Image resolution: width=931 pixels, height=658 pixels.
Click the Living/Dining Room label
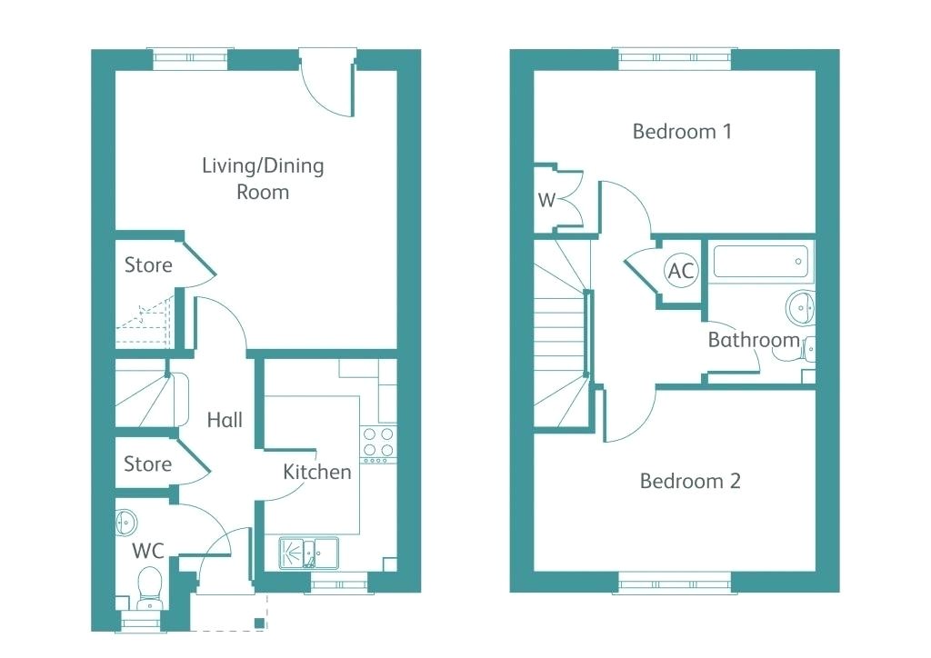click(263, 179)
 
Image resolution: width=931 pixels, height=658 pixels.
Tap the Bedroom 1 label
click(682, 132)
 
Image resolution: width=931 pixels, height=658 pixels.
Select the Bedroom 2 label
click(690, 481)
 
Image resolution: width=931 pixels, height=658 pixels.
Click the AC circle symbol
click(681, 270)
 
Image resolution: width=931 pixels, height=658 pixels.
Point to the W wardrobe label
click(546, 201)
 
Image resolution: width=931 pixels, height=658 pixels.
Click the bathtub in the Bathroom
click(760, 262)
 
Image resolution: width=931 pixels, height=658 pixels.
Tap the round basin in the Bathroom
click(801, 306)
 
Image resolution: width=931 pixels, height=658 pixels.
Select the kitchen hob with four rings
click(378, 442)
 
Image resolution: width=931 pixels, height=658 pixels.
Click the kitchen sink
click(308, 552)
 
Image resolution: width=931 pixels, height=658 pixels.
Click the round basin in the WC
click(125, 523)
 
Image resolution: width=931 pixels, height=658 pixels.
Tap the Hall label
click(225, 420)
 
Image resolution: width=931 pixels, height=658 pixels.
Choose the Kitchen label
click(317, 472)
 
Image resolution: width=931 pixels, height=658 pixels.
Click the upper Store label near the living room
click(148, 265)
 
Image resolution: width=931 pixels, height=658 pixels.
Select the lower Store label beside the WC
click(147, 464)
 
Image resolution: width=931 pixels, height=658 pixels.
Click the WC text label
click(148, 551)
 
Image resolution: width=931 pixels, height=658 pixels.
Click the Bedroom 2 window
click(674, 583)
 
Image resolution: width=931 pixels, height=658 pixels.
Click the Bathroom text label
click(754, 341)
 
